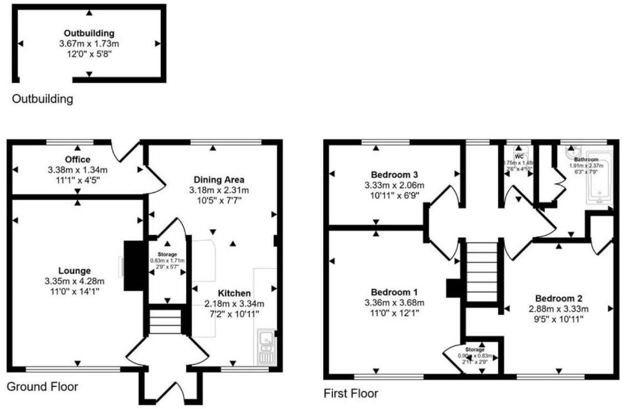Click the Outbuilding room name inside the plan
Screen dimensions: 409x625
coord(89,33)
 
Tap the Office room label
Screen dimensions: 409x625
coord(77,160)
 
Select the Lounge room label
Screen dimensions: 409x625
coord(75,271)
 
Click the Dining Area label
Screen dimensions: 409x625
coord(219,180)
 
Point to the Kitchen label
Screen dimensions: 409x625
coord(234,293)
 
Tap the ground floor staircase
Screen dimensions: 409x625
coord(166,322)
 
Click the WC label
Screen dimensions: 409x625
coord(519,156)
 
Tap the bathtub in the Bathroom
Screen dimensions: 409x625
coord(599,180)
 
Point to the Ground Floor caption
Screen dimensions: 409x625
coord(42,386)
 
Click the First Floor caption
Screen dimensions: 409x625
coord(351,394)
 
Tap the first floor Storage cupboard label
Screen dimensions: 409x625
coord(474,350)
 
